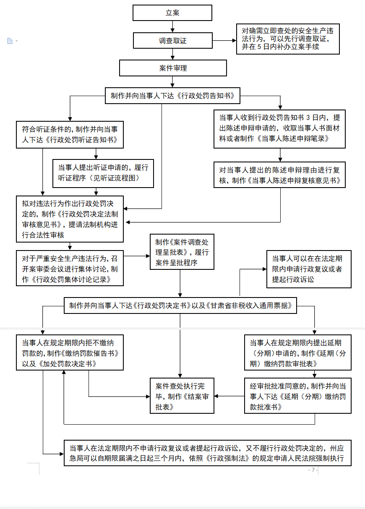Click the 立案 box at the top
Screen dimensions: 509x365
pos(172,13)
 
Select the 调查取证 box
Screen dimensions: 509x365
pos(172,41)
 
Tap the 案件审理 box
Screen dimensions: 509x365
pos(173,68)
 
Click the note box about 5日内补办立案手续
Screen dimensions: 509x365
pos(287,39)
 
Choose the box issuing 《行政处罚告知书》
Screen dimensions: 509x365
pos(172,96)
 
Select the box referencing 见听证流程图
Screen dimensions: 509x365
pos(103,173)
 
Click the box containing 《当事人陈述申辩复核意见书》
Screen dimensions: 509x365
pos(279,175)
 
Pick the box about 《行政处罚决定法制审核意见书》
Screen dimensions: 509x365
pos(70,219)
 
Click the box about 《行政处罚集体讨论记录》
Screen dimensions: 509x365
pos(70,268)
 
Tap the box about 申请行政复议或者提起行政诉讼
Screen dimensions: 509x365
pos(309,269)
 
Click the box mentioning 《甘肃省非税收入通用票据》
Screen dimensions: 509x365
pos(180,305)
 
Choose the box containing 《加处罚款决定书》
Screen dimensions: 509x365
pos(70,352)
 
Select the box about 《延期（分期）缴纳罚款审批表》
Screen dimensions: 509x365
pos(298,352)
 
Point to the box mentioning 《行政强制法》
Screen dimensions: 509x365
pos(207,453)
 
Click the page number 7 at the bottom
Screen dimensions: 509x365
pos(313,470)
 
